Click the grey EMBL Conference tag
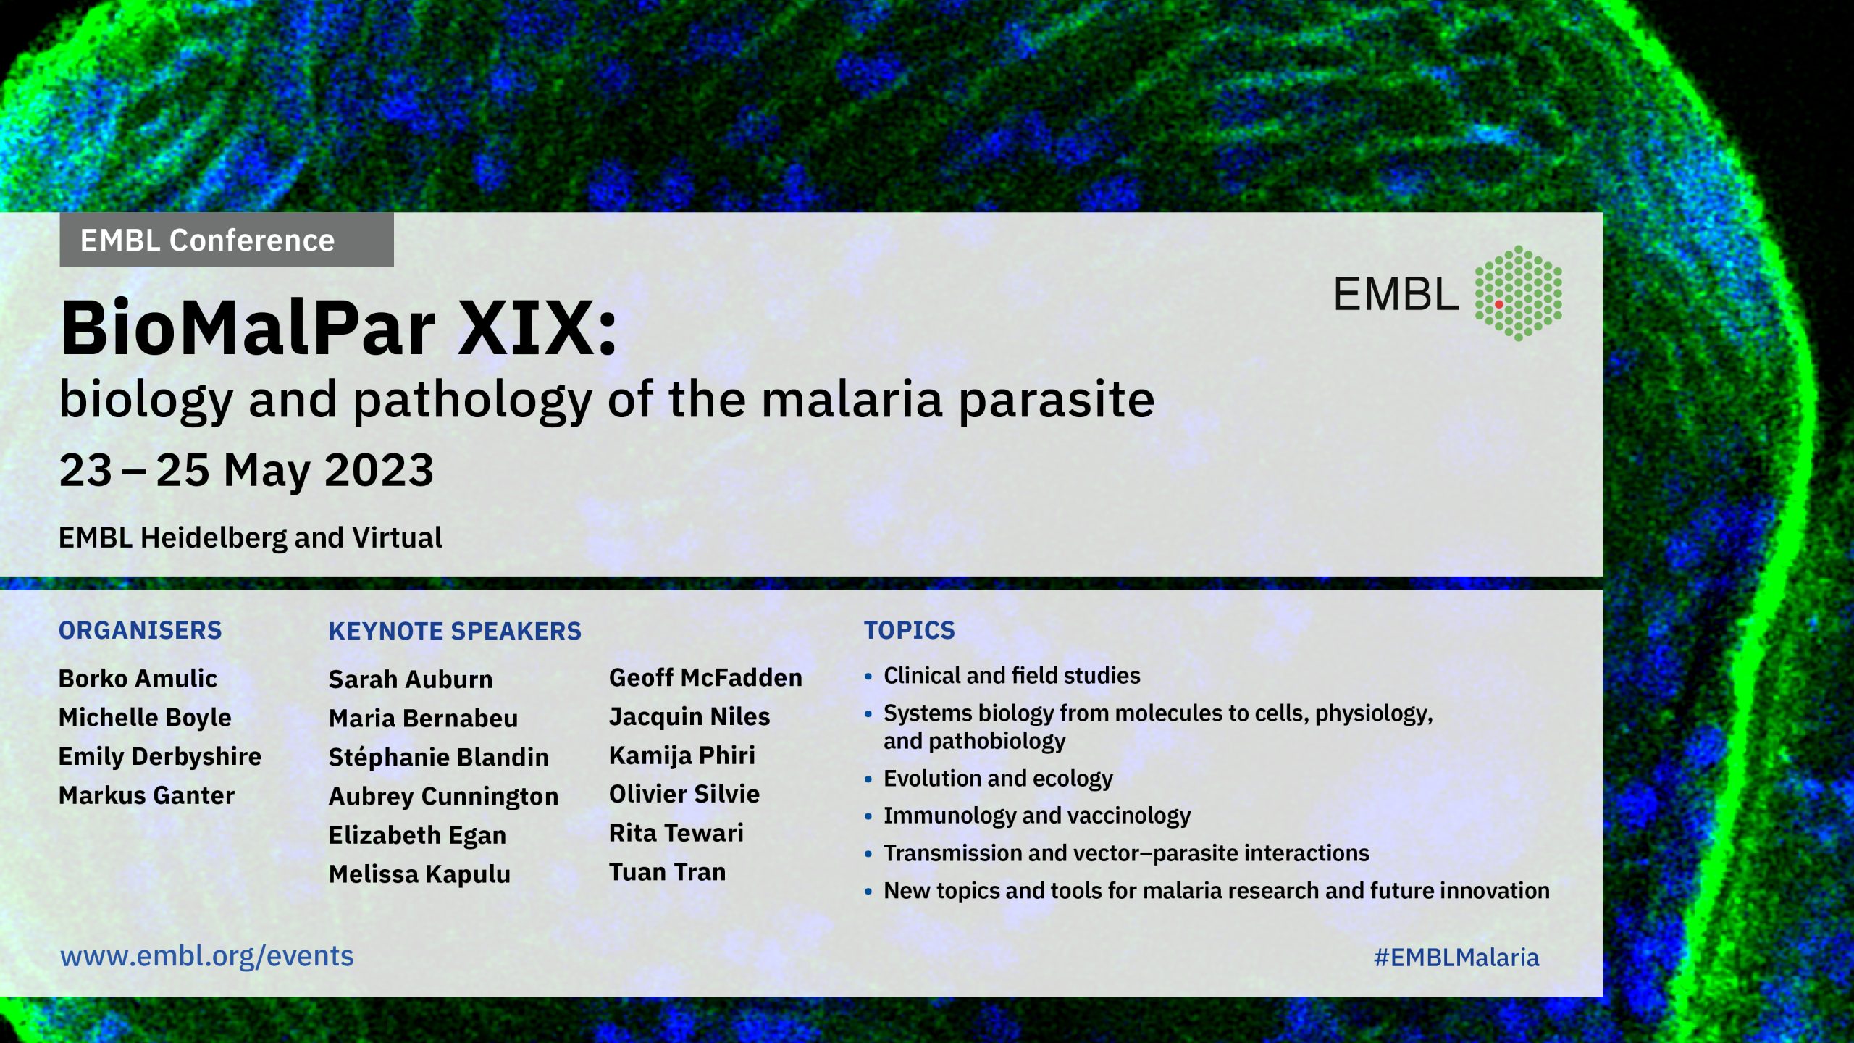pos(227,240)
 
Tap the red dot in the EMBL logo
pos(1498,304)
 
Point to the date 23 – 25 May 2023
pos(246,470)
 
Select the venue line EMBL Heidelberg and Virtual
pos(250,538)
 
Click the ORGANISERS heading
pos(140,630)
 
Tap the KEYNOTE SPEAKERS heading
pos(455,631)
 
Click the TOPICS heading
pos(910,630)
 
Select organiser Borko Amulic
pos(138,679)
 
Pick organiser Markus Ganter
pos(146,795)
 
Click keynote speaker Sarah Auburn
pos(411,679)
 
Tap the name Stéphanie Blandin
pos(439,757)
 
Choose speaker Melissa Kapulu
pos(419,874)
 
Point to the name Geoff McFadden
pos(705,678)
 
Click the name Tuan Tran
pos(667,872)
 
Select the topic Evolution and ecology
pos(998,779)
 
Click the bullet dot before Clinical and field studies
pos(868,677)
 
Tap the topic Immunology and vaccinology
pos(1037,816)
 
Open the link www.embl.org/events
pos(207,957)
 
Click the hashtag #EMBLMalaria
pos(1456,958)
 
